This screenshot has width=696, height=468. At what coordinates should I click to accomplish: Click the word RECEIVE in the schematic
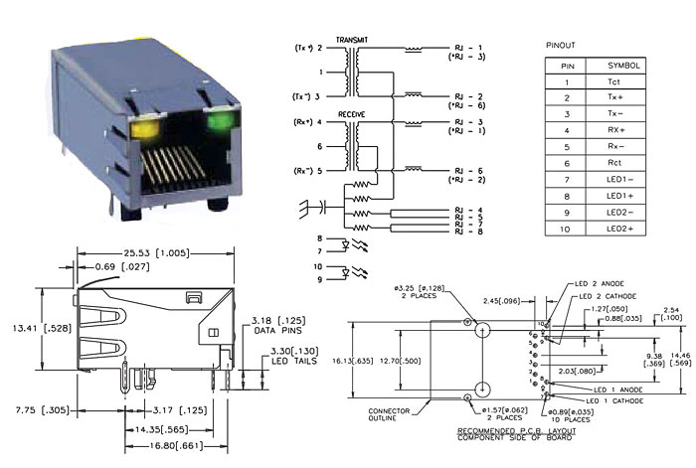coord(349,115)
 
